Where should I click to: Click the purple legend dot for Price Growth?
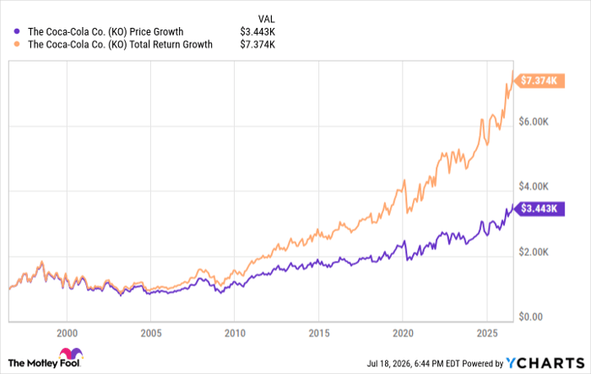pyautogui.click(x=17, y=32)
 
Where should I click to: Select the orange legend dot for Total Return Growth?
pyautogui.click(x=17, y=44)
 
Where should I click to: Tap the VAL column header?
pyautogui.click(x=267, y=19)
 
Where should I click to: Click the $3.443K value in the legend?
pyautogui.click(x=258, y=32)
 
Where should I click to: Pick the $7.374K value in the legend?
pyautogui.click(x=258, y=45)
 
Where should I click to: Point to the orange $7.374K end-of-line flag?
pyautogui.click(x=539, y=81)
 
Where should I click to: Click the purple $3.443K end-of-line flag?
pyautogui.click(x=539, y=209)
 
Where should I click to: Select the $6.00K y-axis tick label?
pyautogui.click(x=534, y=122)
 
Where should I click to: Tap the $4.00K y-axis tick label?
pyautogui.click(x=534, y=187)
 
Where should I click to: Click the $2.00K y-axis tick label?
pyautogui.click(x=534, y=252)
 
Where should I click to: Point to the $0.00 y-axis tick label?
pyautogui.click(x=531, y=317)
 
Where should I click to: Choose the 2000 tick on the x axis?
pyautogui.click(x=67, y=333)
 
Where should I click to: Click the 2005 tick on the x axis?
pyautogui.click(x=151, y=333)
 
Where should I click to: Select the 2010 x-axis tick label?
pyautogui.click(x=235, y=333)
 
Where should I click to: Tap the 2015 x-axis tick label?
pyautogui.click(x=319, y=333)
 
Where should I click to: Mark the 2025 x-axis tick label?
pyautogui.click(x=487, y=333)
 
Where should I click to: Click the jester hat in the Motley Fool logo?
pyautogui.click(x=71, y=354)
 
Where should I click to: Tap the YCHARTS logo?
pyautogui.click(x=545, y=363)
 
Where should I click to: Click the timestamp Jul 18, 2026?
pyautogui.click(x=389, y=363)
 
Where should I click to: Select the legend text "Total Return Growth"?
pyautogui.click(x=171, y=45)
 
